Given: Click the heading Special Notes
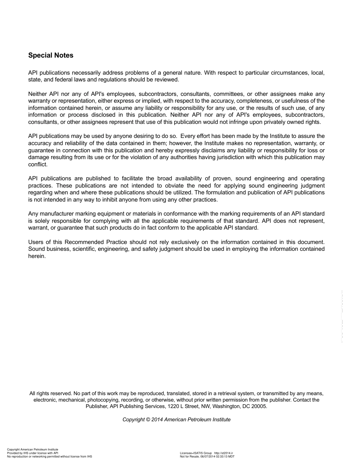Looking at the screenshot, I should [51, 55].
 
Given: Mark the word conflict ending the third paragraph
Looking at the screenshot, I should [38, 164].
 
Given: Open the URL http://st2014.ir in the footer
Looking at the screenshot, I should [224, 453].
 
